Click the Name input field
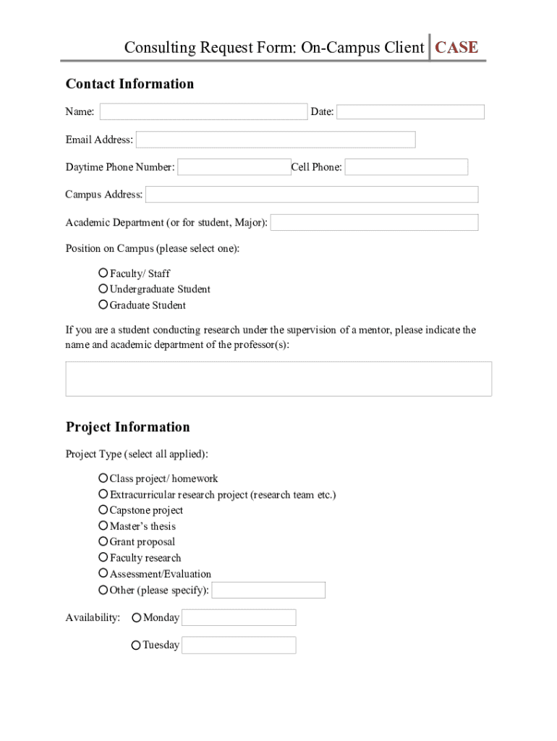point(203,111)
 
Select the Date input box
point(410,111)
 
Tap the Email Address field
point(276,140)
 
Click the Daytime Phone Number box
point(234,167)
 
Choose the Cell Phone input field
point(406,167)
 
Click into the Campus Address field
point(312,195)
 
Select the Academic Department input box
point(374,222)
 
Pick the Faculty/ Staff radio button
point(103,273)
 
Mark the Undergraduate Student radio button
point(103,289)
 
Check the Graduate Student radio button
point(103,305)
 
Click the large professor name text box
point(278,378)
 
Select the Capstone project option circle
point(103,510)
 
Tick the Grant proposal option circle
point(103,541)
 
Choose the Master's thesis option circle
point(103,526)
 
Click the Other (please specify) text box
point(268,590)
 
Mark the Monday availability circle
point(137,618)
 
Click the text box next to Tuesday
point(239,645)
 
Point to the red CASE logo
point(456,48)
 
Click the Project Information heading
point(128,427)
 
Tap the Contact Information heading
point(130,84)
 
